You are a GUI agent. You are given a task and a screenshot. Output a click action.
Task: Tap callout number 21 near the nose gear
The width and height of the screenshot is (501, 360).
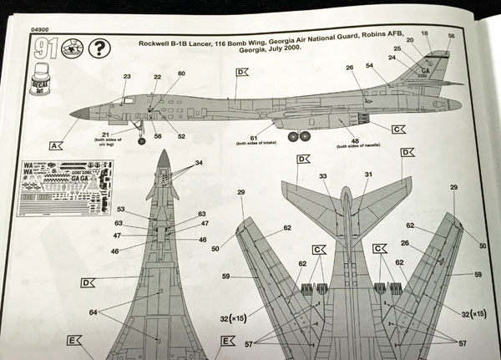coord(106,133)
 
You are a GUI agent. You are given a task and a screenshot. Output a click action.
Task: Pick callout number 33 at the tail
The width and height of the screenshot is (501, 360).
coord(323,175)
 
